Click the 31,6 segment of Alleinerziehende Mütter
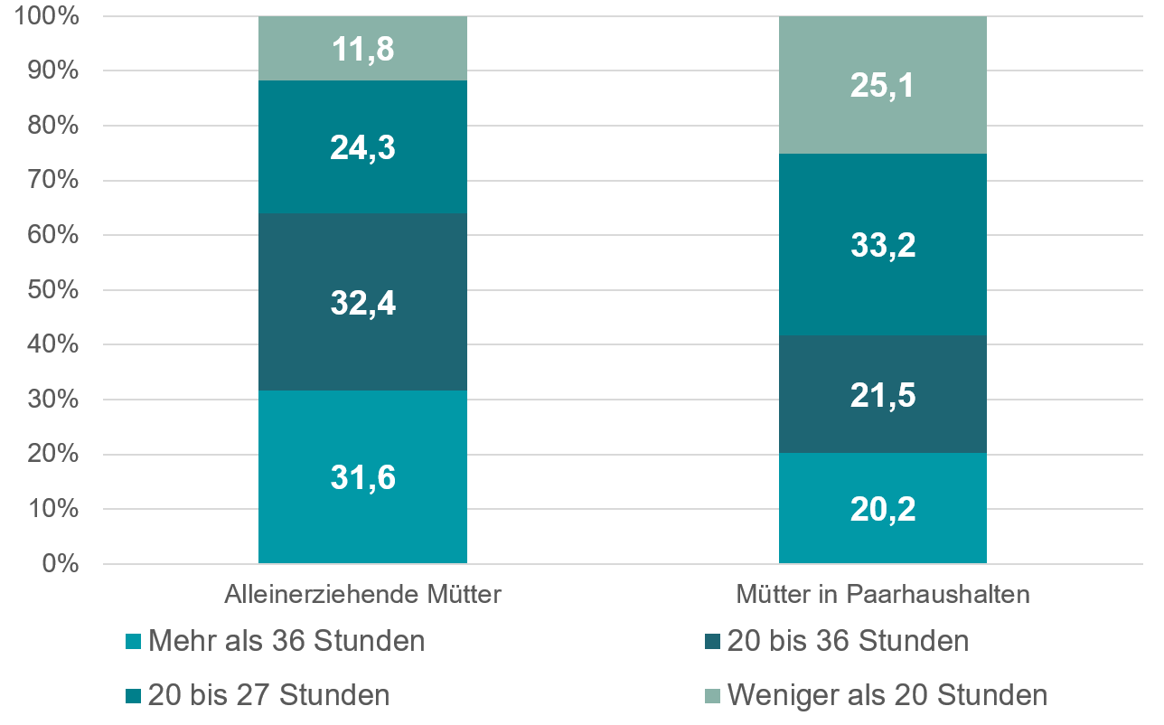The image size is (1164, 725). point(362,477)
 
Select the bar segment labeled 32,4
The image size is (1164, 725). point(362,302)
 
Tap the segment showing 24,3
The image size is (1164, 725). point(362,147)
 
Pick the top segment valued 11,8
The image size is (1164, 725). point(362,49)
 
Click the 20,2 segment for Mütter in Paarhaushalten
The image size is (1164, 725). point(882,508)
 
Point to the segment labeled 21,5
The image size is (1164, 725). point(882,394)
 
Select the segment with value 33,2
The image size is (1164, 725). point(882,245)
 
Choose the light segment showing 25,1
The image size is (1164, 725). point(882,86)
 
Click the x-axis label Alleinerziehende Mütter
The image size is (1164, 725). point(362,595)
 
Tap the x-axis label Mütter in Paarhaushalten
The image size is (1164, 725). point(882,595)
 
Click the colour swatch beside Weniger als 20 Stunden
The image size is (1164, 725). point(711,696)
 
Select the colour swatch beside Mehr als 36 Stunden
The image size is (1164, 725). point(133,642)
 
